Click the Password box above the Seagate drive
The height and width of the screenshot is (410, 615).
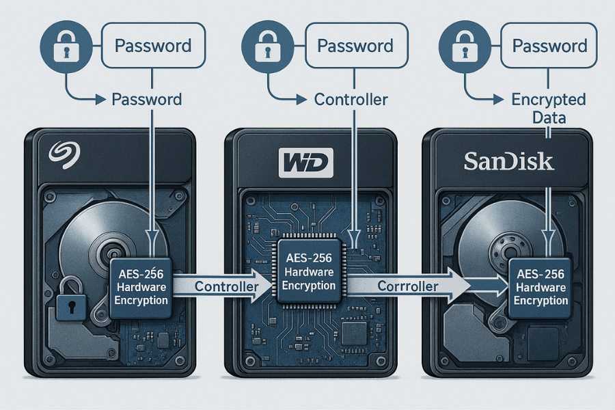tap(153, 46)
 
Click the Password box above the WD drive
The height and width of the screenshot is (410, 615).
tap(355, 46)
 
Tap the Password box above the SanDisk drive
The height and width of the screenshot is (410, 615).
tap(549, 46)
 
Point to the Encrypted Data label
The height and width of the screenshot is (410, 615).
tap(549, 108)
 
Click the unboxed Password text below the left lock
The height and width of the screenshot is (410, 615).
tap(146, 99)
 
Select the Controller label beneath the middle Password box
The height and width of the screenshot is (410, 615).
tap(351, 99)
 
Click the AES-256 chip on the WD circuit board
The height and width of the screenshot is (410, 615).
tap(309, 270)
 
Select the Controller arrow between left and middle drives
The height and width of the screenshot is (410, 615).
tap(219, 286)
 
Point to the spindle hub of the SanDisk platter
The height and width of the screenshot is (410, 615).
tap(506, 249)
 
